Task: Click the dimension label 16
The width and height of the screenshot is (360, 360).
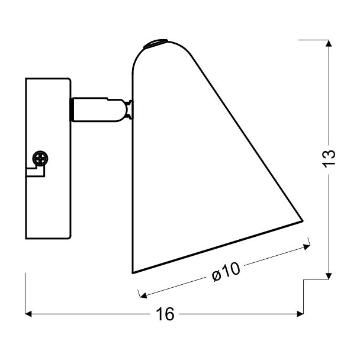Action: (165, 314)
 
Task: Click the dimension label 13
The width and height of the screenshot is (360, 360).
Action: (329, 159)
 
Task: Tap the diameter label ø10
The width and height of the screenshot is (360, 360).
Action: (226, 272)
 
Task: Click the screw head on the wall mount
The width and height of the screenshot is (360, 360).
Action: (40, 159)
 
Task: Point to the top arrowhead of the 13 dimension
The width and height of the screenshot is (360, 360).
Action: (329, 43)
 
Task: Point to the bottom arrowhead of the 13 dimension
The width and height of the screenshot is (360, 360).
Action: (329, 276)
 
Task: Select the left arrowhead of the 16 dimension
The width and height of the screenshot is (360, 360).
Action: (28, 314)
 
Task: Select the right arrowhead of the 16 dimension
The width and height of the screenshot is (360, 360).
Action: (300, 314)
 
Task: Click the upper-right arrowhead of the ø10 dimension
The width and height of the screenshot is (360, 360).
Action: (307, 247)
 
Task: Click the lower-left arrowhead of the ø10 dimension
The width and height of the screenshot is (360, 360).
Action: (143, 295)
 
